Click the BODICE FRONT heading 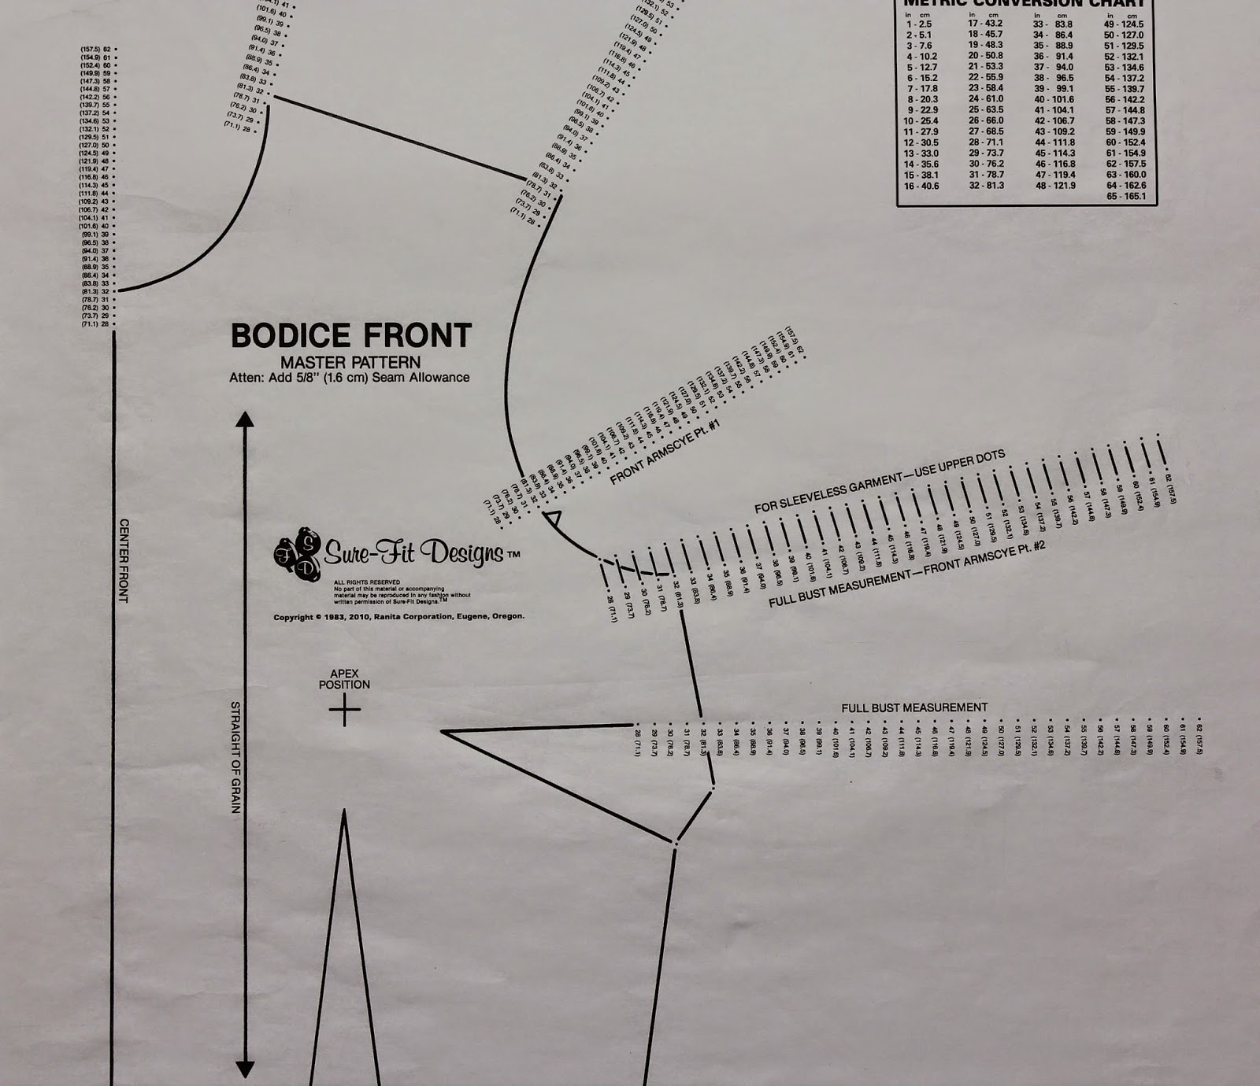click(x=350, y=335)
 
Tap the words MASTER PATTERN click(x=350, y=363)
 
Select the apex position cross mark click(x=344, y=711)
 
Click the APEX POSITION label click(x=344, y=679)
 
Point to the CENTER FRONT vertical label click(x=123, y=560)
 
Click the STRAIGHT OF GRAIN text click(x=235, y=757)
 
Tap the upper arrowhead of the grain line click(x=245, y=419)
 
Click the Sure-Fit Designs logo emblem click(x=298, y=554)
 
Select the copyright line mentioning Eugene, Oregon click(x=398, y=617)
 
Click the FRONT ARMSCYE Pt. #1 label click(x=665, y=453)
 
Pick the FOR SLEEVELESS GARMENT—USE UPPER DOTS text click(x=880, y=481)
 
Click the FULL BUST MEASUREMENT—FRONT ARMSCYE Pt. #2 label click(x=906, y=575)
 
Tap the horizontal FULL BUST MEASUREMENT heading click(x=913, y=707)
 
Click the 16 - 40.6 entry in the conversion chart click(x=921, y=187)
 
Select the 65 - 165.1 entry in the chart click(x=1125, y=196)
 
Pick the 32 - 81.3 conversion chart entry click(x=985, y=187)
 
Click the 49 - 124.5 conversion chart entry click(x=1124, y=24)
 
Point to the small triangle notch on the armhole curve click(x=552, y=519)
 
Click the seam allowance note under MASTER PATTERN click(x=349, y=378)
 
